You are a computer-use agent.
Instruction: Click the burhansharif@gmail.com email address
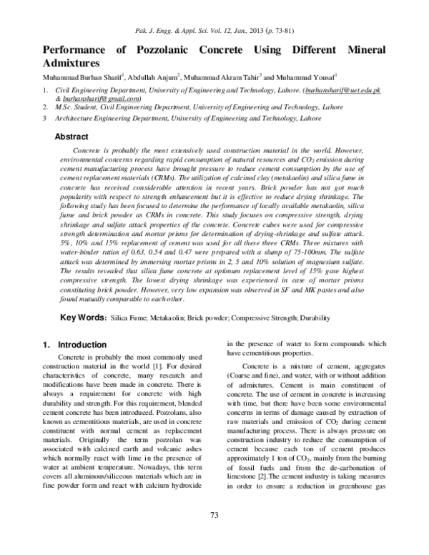click(96, 99)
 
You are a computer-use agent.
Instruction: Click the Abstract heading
click(71, 137)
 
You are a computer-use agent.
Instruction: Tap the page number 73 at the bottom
click(214, 535)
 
